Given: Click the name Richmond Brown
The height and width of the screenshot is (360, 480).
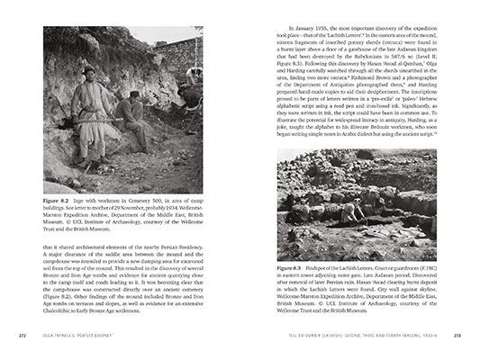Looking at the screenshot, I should pyautogui.click(x=362, y=88).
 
